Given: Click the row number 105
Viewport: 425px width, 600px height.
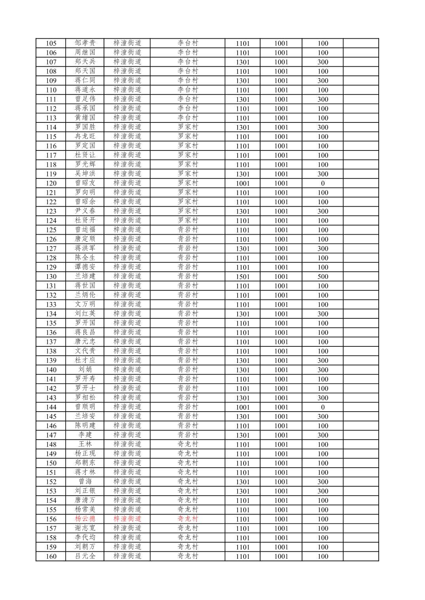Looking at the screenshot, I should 51,43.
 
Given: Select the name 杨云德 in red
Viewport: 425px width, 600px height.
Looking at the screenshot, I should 85,519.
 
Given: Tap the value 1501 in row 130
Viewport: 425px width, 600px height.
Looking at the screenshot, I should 242,276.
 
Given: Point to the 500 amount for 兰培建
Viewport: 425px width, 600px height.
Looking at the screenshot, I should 323,276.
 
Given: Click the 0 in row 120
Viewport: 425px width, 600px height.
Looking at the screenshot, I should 323,183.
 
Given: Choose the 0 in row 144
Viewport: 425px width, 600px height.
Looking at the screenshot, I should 323,407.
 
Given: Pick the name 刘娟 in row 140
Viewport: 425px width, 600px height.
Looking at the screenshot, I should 85,370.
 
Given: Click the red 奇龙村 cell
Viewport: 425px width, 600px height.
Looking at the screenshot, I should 187,519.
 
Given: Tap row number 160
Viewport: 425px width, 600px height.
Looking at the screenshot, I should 51,557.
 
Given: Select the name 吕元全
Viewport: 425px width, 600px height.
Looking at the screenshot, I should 85,556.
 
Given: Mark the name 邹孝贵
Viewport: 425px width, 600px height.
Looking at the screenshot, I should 85,43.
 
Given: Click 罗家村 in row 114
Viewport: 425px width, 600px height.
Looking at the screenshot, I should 187,127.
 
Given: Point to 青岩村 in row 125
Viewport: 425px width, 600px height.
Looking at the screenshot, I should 187,230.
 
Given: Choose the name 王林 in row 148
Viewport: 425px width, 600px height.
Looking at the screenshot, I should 85,444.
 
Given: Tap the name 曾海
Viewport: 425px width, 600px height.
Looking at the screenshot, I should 85,482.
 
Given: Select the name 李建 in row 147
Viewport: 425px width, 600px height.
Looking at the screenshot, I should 85,435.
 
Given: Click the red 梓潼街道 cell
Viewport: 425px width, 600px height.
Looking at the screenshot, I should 127,519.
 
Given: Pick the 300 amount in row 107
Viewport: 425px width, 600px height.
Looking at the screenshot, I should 323,62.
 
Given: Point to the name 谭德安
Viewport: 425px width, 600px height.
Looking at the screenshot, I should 85,267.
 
